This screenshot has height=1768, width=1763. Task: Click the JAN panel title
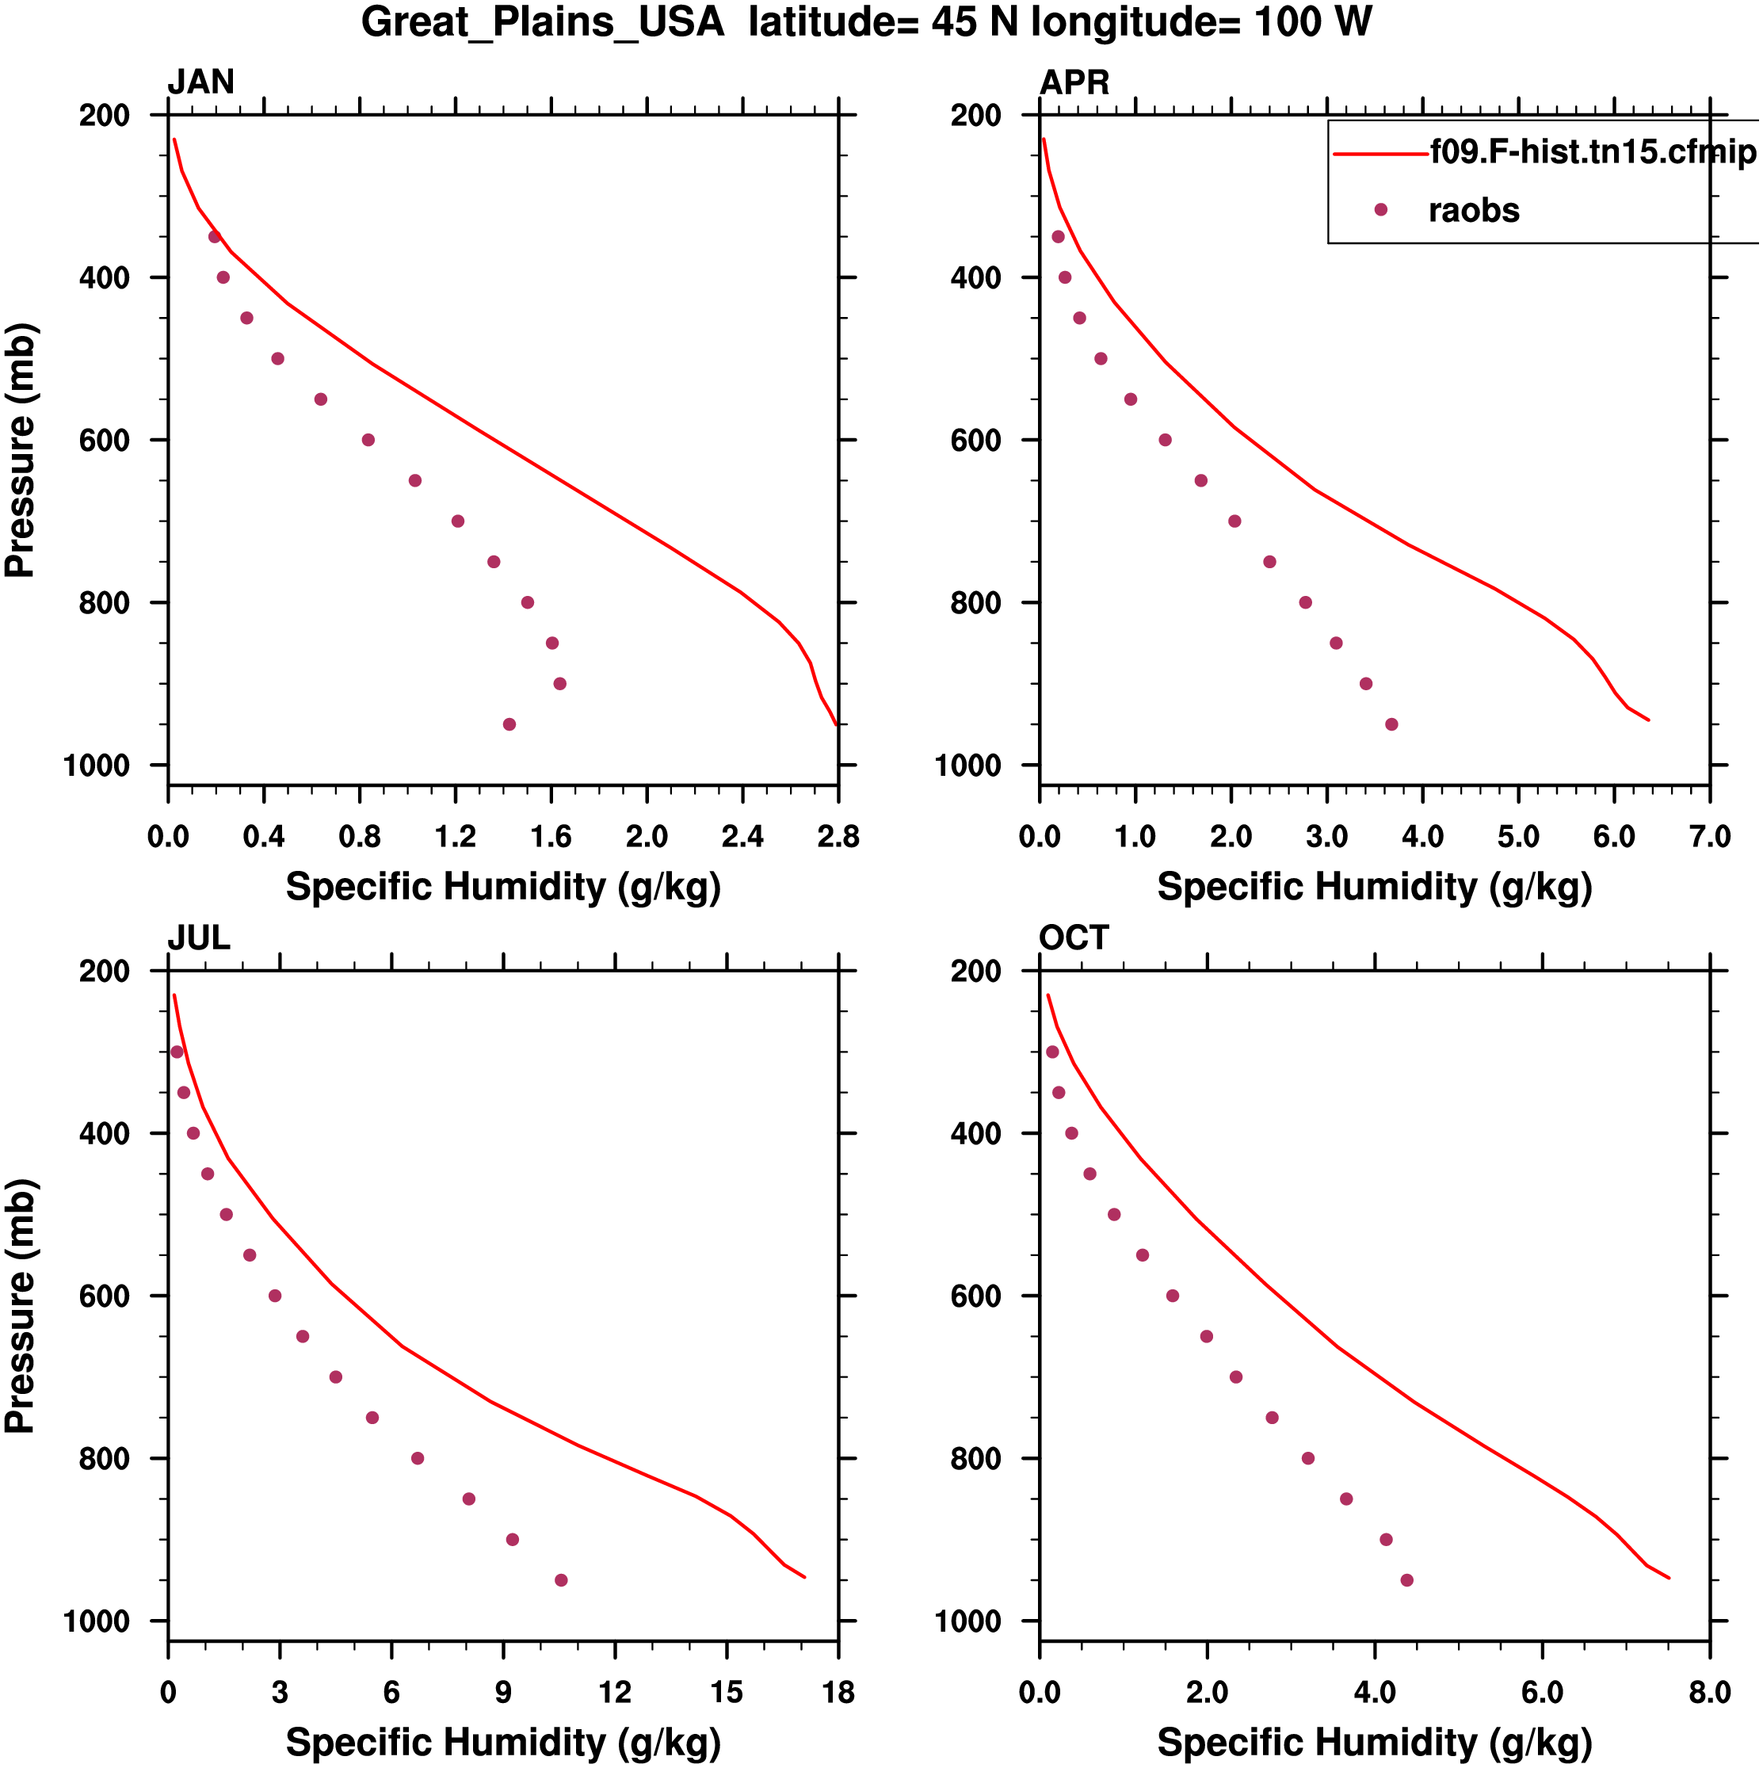(200, 82)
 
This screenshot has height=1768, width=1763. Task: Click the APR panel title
(1074, 82)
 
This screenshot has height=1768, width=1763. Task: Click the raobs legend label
(1474, 211)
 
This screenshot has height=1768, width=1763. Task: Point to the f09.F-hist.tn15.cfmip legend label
(1593, 152)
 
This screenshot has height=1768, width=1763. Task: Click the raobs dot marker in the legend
(1380, 209)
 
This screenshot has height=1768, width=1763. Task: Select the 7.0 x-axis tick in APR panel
(1709, 836)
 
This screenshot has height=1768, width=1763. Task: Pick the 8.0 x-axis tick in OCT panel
(1709, 1693)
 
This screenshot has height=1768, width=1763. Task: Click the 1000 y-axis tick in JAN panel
(97, 765)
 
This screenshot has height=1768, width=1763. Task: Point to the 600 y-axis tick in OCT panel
(976, 1296)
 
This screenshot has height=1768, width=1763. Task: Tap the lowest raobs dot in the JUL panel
(561, 1580)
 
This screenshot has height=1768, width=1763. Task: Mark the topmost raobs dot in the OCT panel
(1052, 1052)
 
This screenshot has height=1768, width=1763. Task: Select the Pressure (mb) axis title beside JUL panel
(20, 1306)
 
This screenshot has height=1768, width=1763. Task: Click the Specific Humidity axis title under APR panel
(1374, 887)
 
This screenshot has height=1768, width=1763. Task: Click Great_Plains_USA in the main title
(543, 22)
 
